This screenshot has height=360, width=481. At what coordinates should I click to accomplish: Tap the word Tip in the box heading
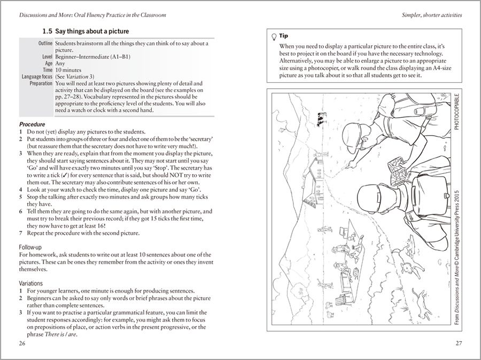pyautogui.click(x=284, y=36)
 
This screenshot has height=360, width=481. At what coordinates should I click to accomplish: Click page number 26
pyautogui.click(x=21, y=342)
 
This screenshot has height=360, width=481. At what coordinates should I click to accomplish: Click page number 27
pyautogui.click(x=459, y=342)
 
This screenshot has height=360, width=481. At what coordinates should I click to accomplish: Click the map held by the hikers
pyautogui.click(x=397, y=167)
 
